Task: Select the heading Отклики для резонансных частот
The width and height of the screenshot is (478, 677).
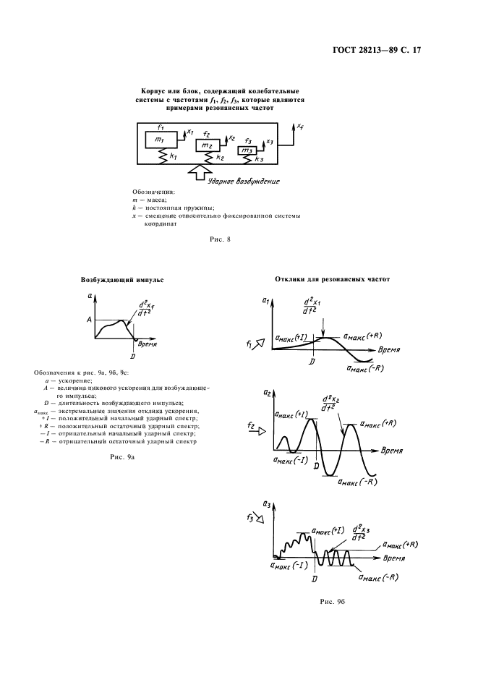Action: pos(332,278)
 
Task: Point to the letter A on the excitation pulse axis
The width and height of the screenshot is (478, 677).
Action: pos(89,319)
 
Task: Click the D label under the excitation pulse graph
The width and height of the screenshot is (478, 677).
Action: pos(132,355)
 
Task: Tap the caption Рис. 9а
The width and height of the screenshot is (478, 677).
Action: pos(117,457)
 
